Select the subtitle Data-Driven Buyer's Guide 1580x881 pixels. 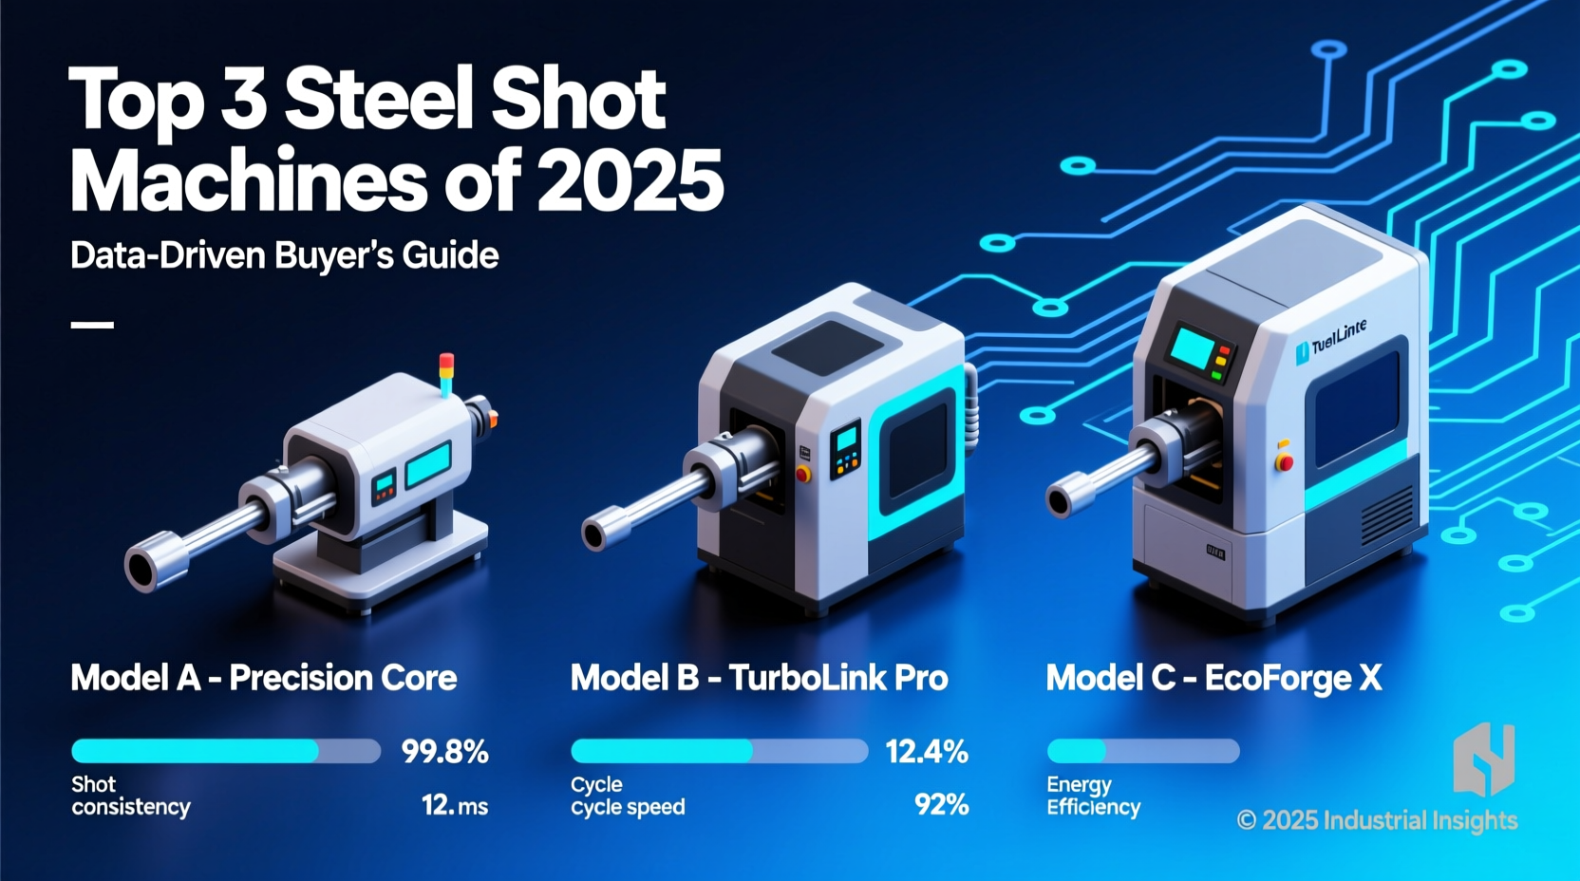[284, 255]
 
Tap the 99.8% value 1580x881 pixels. [444, 752]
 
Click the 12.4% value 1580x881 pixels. [926, 752]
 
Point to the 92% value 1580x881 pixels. [941, 805]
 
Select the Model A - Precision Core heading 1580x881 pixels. [264, 678]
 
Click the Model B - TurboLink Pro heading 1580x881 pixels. [759, 678]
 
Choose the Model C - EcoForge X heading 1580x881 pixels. [1213, 678]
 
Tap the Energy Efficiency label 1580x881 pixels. [1093, 797]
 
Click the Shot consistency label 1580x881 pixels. [130, 796]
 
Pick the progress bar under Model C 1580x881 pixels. [1143, 751]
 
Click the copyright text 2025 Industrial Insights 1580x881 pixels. [1377, 820]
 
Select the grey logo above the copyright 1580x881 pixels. [1483, 759]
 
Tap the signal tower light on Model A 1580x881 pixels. [446, 373]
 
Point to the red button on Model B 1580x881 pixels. [803, 474]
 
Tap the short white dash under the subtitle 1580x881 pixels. [92, 325]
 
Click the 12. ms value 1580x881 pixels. [454, 806]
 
